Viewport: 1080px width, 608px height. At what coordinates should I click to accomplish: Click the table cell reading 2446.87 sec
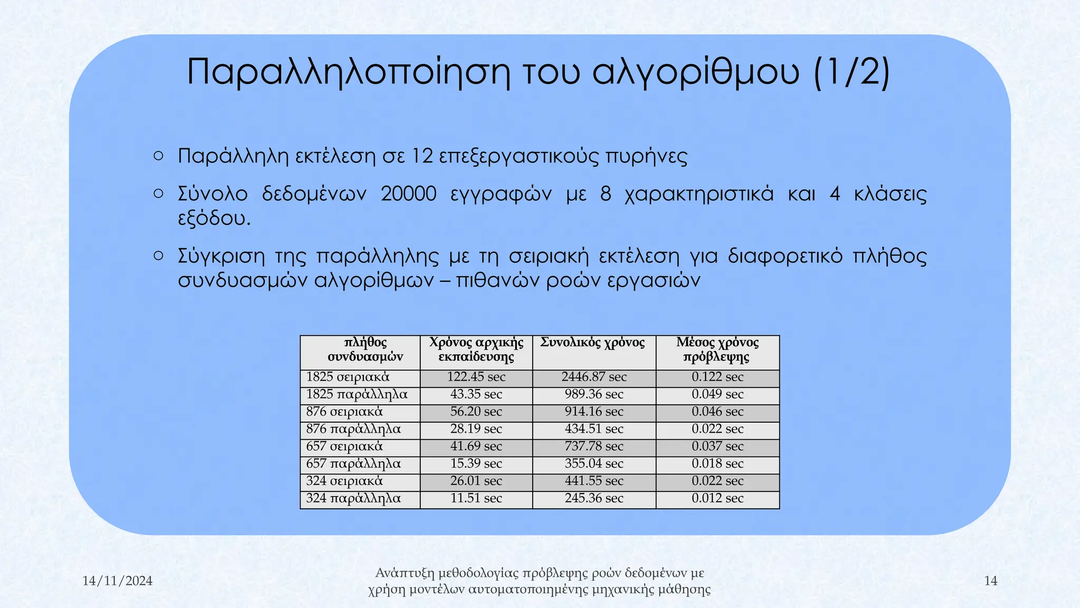pos(594,377)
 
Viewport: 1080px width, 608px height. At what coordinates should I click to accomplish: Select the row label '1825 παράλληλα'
pos(357,394)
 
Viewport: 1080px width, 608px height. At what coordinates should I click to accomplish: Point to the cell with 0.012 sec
pos(717,498)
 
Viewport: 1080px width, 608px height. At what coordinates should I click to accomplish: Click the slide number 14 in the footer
pos(990,581)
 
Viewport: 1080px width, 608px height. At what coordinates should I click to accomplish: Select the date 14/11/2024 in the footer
pos(117,581)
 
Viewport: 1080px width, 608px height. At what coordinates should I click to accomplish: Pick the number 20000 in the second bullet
pos(409,194)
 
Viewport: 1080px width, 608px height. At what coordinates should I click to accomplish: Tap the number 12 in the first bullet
pos(422,156)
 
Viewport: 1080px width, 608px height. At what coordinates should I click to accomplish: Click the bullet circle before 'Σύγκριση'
pos(158,256)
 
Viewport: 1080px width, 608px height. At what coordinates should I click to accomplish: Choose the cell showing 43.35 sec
pos(476,394)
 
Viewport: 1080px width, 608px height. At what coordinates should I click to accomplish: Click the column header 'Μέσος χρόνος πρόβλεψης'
pos(717,349)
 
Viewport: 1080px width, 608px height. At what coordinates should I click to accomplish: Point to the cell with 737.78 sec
pos(594,446)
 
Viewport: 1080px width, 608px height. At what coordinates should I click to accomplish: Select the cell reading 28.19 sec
pos(476,429)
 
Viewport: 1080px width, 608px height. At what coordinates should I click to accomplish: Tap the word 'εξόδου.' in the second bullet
pos(214,218)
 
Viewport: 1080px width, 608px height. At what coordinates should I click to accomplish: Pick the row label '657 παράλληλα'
pos(353,463)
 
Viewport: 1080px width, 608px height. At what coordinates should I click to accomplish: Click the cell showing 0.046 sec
pos(717,411)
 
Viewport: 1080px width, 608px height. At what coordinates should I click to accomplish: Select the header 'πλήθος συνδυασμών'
pos(365,349)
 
